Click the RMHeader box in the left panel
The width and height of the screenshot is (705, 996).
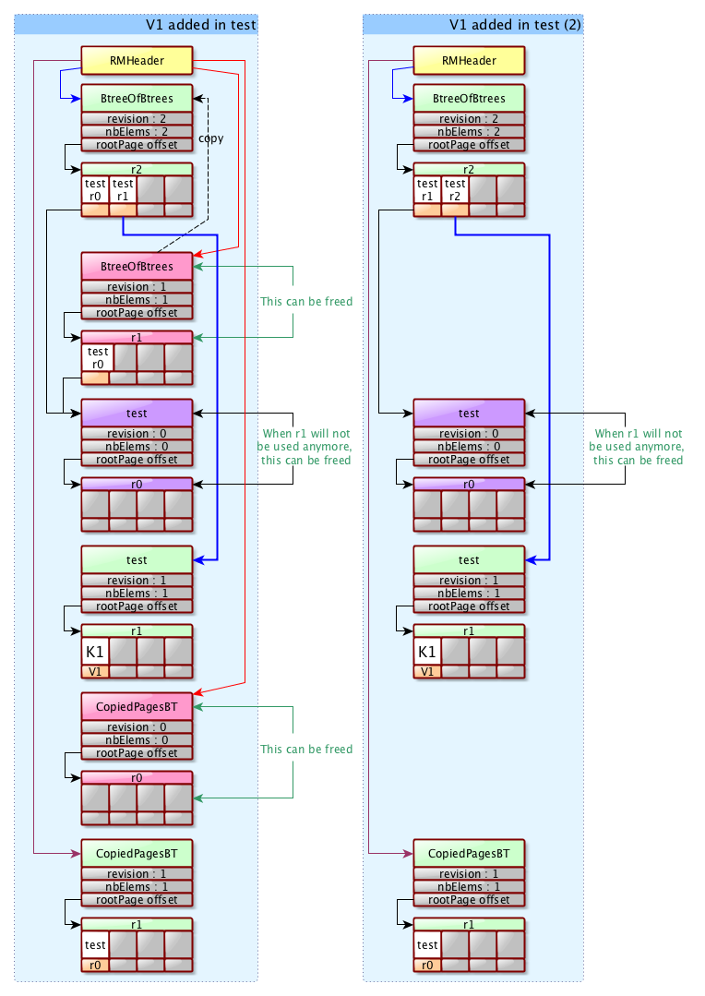click(x=137, y=61)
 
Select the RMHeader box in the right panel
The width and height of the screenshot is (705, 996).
click(x=469, y=61)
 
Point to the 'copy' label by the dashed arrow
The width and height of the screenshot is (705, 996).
click(x=211, y=138)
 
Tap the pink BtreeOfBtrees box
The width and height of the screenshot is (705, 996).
click(x=137, y=267)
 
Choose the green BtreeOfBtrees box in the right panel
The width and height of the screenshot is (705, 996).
click(x=469, y=99)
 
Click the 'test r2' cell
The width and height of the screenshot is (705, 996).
click(x=455, y=189)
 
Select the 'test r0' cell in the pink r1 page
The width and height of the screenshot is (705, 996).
click(x=96, y=357)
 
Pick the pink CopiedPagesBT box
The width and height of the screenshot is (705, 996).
click(x=137, y=707)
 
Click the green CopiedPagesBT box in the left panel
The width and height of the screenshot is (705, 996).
click(x=137, y=854)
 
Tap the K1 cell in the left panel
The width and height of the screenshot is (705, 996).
click(x=95, y=652)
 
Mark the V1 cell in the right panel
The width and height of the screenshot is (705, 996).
click(x=427, y=671)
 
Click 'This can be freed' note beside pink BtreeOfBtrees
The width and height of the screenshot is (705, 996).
click(x=306, y=302)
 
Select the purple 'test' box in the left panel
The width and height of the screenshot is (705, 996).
click(x=137, y=414)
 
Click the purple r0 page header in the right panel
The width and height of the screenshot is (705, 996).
click(x=469, y=484)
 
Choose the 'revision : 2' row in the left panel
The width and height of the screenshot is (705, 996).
click(x=137, y=119)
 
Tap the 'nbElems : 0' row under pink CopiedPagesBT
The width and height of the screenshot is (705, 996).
click(x=137, y=739)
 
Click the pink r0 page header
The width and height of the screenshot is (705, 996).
click(x=137, y=778)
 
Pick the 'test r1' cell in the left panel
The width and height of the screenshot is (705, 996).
click(x=123, y=189)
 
